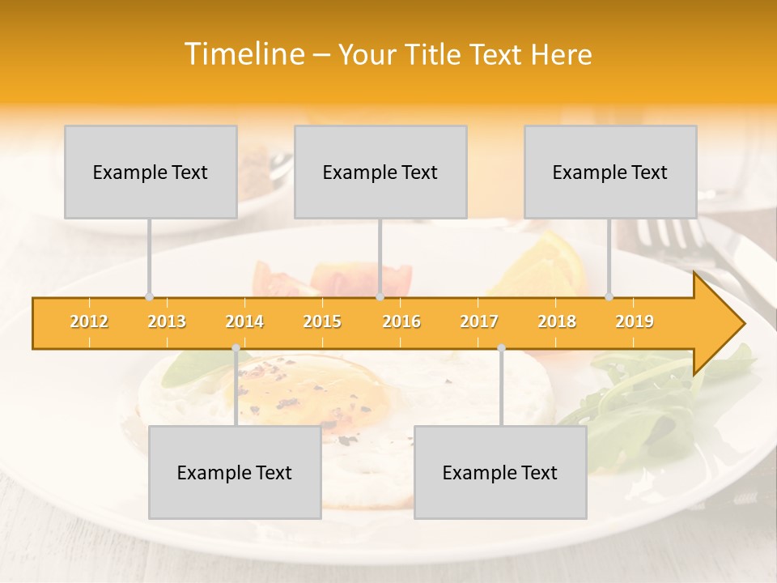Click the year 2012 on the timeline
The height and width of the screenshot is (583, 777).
coord(89,321)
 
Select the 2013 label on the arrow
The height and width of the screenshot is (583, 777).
coord(167,321)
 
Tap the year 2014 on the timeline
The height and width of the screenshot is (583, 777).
coord(244,321)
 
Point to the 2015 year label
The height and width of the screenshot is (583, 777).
coord(322,321)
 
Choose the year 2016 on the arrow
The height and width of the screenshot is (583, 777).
coord(401,321)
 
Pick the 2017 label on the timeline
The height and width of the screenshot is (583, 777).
coord(479,321)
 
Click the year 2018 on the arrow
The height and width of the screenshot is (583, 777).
coord(557,321)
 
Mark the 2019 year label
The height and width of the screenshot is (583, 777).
coord(635,321)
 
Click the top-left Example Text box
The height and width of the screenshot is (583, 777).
coord(151,172)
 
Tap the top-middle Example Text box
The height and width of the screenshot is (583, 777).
coord(380,172)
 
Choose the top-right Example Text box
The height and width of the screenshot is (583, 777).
coord(610,172)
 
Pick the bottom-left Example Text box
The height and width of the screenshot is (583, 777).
coord(235,472)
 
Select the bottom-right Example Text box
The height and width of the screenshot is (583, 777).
coord(500,472)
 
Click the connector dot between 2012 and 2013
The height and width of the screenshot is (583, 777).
coord(149,296)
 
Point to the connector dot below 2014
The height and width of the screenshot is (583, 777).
coord(236,348)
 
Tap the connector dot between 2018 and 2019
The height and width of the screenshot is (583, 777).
coord(609,296)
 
